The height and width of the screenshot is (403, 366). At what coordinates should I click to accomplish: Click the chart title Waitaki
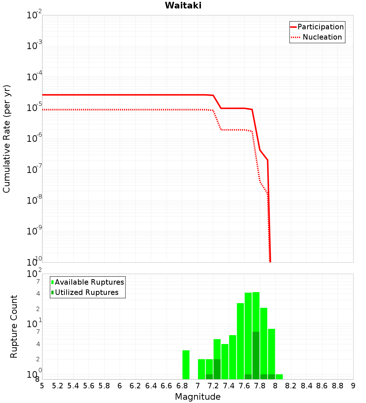click(x=183, y=5)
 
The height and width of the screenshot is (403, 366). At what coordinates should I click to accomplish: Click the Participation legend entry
click(x=320, y=27)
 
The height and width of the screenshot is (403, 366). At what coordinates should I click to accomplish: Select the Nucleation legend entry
click(x=322, y=37)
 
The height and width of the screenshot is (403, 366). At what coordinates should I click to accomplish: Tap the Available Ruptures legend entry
click(x=89, y=282)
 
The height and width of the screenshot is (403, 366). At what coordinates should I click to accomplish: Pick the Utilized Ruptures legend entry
click(x=86, y=292)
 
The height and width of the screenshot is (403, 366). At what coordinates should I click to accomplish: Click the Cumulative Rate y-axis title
click(x=7, y=138)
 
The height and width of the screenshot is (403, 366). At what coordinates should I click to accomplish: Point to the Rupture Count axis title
click(x=14, y=326)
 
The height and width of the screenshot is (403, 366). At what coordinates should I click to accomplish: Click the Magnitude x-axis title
click(x=198, y=397)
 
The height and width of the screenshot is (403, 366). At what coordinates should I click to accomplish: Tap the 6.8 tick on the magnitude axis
click(x=182, y=386)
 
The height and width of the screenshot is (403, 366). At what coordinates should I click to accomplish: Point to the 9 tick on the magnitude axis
click(x=353, y=386)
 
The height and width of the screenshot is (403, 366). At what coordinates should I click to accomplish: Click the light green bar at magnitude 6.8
click(x=186, y=365)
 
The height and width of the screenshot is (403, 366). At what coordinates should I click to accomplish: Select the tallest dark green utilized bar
click(x=256, y=355)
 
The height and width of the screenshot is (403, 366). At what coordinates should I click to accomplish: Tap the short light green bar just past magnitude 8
click(x=279, y=377)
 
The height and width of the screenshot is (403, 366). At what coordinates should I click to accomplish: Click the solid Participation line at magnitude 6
click(x=120, y=95)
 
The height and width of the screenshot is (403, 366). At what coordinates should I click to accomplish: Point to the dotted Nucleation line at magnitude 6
click(x=120, y=110)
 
